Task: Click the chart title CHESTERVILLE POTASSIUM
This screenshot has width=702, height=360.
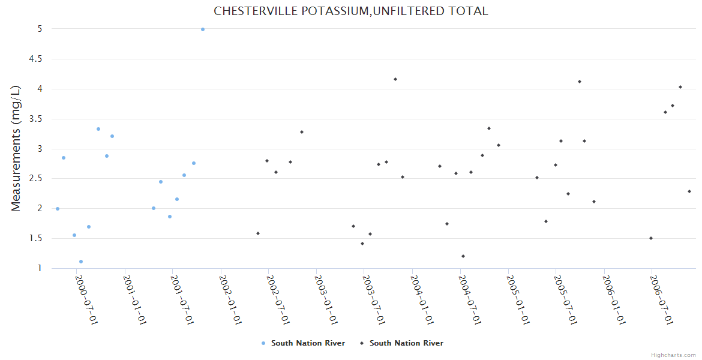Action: coord(351,11)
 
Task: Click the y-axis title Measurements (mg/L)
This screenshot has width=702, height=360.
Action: coord(16,148)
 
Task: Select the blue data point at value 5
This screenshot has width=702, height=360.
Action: coord(203,29)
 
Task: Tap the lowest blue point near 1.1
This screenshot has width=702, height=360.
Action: coord(81,262)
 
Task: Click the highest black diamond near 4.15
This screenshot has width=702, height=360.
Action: coord(395,79)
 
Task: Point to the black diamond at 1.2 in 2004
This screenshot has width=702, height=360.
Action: coord(463,256)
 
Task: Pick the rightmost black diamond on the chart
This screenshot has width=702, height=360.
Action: coord(689,191)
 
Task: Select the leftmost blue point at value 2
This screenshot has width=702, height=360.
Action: coord(58,209)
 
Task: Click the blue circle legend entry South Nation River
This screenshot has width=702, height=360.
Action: coord(304,343)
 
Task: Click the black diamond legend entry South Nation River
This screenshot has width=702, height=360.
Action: coord(402,343)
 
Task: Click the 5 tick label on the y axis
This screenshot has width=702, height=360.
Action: coord(40,29)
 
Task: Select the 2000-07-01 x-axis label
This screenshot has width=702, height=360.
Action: coord(87,299)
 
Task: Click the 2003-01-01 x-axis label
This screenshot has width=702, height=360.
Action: coord(327,299)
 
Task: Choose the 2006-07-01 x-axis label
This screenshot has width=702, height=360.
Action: coord(662,299)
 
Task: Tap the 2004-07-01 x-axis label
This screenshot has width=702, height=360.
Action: coord(470,299)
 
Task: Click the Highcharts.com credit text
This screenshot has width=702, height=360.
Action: coord(673,355)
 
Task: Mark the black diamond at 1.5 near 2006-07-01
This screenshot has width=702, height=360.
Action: coord(651,238)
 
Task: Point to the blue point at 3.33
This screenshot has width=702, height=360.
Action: coord(98,129)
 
